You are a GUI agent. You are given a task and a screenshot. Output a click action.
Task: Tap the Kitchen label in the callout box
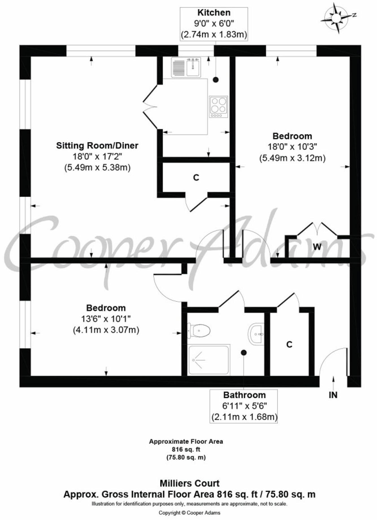tap(214, 13)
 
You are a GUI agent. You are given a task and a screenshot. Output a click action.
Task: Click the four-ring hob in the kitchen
tap(218, 107)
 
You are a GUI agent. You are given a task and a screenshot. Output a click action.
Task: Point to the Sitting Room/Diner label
tap(97, 146)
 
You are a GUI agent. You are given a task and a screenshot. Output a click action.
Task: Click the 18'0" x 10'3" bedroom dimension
tap(292, 147)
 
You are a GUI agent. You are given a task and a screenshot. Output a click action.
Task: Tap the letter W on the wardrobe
tap(317, 247)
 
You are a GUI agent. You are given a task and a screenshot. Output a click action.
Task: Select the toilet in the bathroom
tap(200, 330)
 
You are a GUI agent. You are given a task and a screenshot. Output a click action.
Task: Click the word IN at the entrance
tap(333, 395)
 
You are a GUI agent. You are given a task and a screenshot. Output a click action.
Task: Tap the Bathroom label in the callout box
tap(244, 395)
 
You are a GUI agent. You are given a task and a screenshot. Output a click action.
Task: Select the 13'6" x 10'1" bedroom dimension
tap(106, 319)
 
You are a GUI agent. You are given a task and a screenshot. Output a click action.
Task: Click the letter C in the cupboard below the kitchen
tap(196, 177)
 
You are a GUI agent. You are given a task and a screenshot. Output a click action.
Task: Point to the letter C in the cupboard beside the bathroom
tap(289, 344)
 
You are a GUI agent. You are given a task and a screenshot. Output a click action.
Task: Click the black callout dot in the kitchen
tap(216, 80)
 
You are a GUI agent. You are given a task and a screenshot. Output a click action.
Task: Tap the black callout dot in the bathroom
tap(244, 352)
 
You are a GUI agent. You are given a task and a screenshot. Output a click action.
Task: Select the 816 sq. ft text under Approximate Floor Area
tap(186, 449)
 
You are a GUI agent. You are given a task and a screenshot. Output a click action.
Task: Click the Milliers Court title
tap(189, 483)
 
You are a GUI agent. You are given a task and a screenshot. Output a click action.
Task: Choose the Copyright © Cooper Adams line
tap(189, 513)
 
